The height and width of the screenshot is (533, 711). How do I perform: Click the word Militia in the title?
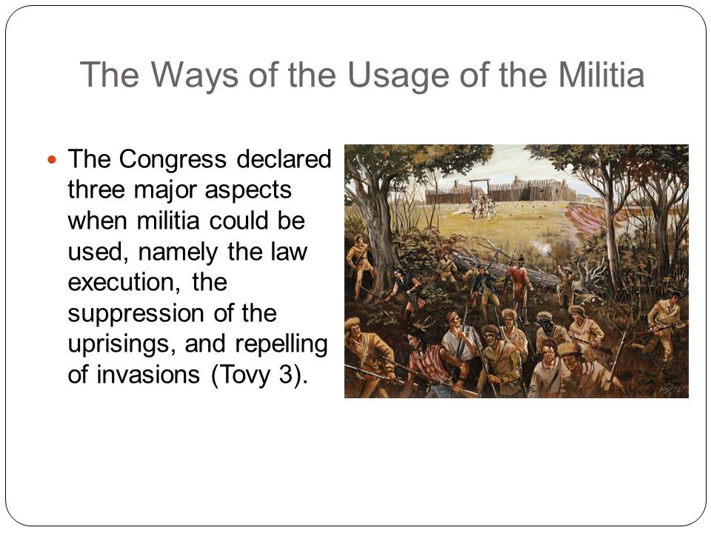[x=601, y=74]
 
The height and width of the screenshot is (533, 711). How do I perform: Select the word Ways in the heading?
[x=195, y=76]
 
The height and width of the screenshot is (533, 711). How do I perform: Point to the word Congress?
[x=173, y=160]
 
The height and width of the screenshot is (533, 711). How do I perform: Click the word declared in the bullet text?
[x=284, y=159]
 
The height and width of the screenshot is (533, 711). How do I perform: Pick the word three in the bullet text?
[x=96, y=190]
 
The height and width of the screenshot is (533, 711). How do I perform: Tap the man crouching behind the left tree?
[x=358, y=266]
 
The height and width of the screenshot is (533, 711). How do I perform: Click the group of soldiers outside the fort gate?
[x=481, y=207]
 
